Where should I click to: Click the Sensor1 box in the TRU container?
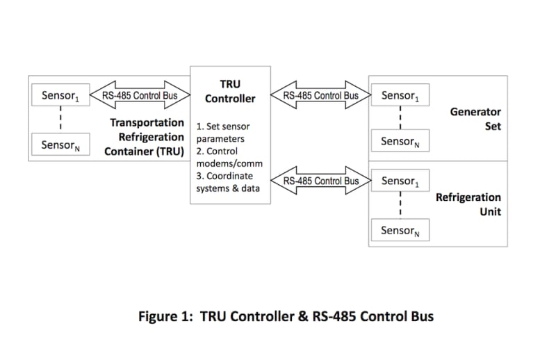pyautogui.click(x=60, y=96)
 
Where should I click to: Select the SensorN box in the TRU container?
pyautogui.click(x=60, y=145)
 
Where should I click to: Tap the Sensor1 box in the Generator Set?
pyautogui.click(x=400, y=95)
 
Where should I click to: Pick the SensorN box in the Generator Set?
pyautogui.click(x=400, y=141)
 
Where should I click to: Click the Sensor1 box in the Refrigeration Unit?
pyautogui.click(x=400, y=181)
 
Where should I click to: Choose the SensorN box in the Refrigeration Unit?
pyautogui.click(x=400, y=230)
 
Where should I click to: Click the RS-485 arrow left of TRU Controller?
pyautogui.click(x=140, y=96)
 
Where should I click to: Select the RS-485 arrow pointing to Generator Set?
pyautogui.click(x=320, y=95)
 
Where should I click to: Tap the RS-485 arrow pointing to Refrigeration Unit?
pyautogui.click(x=320, y=181)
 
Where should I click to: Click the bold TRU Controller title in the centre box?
pyautogui.click(x=230, y=91)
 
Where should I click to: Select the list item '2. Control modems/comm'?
pyautogui.click(x=224, y=157)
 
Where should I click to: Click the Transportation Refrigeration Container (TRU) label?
pyautogui.click(x=145, y=137)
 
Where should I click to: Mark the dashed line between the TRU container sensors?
pyautogui.click(x=60, y=121)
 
